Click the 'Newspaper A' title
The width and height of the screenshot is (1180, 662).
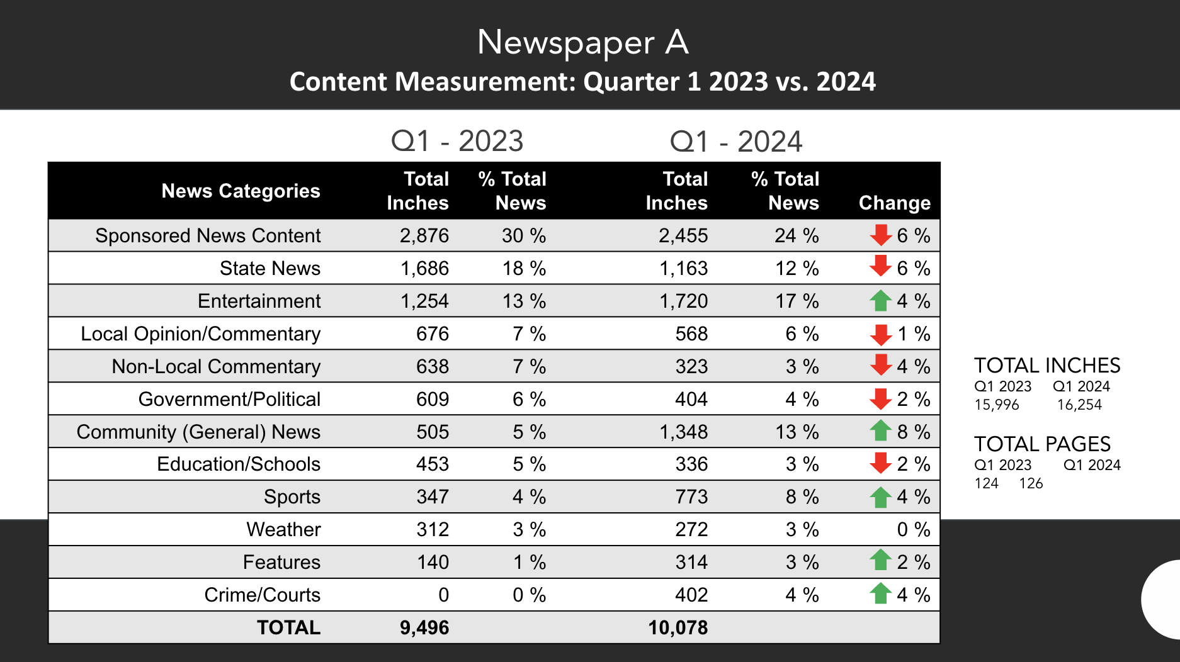pyautogui.click(x=582, y=43)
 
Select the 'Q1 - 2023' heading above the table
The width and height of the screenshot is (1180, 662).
pyautogui.click(x=457, y=141)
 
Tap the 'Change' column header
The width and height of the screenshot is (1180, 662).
pyautogui.click(x=894, y=203)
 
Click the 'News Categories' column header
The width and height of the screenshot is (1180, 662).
pyautogui.click(x=241, y=191)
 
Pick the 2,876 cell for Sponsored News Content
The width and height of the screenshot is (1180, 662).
pyautogui.click(x=424, y=235)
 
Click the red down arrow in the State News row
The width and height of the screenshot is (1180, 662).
pyautogui.click(x=880, y=266)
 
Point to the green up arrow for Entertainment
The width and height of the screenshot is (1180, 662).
pyautogui.click(x=880, y=300)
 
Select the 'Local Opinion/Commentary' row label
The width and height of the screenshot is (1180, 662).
pyautogui.click(x=200, y=334)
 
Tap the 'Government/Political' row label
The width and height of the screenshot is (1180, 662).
pyautogui.click(x=229, y=399)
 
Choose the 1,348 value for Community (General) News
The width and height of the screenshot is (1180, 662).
pyautogui.click(x=683, y=432)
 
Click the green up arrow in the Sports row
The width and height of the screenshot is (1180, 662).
pyautogui.click(x=880, y=496)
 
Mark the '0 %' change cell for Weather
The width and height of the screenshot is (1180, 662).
pyautogui.click(x=913, y=529)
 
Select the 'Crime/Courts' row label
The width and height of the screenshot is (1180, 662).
pyautogui.click(x=262, y=595)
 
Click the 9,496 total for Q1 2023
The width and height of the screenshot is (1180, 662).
pyautogui.click(x=424, y=627)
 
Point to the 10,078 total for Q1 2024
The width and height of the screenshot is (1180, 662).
pyautogui.click(x=678, y=627)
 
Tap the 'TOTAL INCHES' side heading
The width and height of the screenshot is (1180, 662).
pyautogui.click(x=1047, y=366)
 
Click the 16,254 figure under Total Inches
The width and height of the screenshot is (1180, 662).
pyautogui.click(x=1079, y=405)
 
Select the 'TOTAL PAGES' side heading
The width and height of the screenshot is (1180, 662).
pyautogui.click(x=1042, y=444)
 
